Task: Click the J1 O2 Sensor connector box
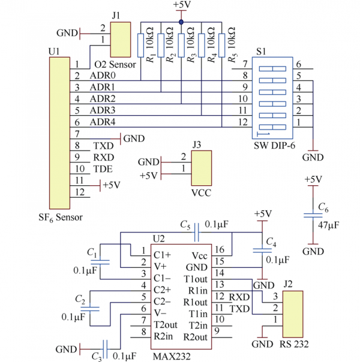pos(121,40)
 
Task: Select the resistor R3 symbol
pos(181,46)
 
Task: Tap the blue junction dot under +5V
pos(181,22)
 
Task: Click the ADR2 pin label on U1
pos(103,99)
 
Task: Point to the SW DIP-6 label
pos(274,146)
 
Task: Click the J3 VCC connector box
pos(202,168)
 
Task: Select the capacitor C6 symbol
pos(313,215)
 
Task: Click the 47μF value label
pos(328,225)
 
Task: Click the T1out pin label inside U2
pos(196,279)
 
